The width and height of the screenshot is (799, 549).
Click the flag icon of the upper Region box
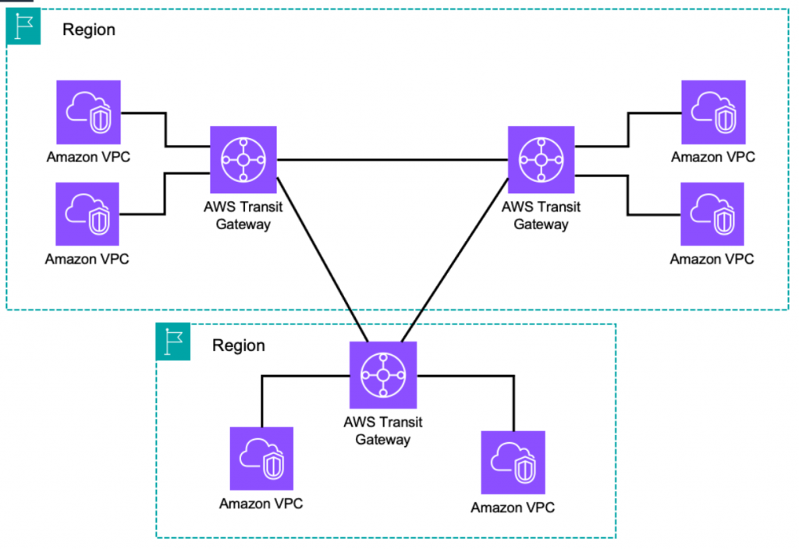pos(23,27)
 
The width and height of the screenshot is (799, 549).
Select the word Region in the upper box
pos(89,30)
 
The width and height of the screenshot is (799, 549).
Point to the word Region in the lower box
pos(239,345)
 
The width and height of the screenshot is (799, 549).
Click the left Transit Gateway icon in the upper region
pos(243,159)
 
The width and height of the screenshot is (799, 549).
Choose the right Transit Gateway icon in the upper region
pos(541,159)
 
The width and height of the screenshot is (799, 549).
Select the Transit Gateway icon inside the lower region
pos(383,374)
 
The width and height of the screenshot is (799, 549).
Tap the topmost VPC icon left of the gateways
pos(88,112)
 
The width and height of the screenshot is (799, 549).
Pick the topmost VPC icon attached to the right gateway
pos(713,112)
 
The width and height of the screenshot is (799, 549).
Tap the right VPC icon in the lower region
pos(513,462)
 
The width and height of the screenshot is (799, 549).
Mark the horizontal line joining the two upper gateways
pos(390,159)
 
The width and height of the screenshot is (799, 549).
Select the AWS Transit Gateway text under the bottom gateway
pos(383,430)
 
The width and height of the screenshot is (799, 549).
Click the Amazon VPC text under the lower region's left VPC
pos(261,504)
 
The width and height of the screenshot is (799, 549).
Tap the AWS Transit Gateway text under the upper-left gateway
pos(243,215)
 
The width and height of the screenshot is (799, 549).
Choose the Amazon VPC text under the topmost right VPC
pos(713,157)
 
